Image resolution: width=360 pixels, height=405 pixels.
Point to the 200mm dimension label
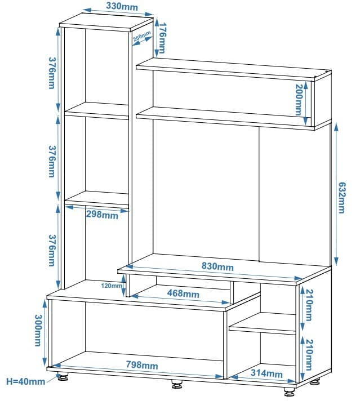click(299, 100)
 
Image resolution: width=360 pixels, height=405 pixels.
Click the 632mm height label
click(341, 197)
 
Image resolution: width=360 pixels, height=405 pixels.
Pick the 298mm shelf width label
click(102, 215)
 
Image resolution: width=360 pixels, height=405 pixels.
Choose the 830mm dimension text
click(218, 266)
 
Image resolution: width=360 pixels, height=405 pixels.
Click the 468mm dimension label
click(183, 293)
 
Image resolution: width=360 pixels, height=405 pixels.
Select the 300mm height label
click(38, 331)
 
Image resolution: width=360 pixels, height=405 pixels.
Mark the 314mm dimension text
click(265, 373)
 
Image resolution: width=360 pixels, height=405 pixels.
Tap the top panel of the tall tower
click(106, 24)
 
